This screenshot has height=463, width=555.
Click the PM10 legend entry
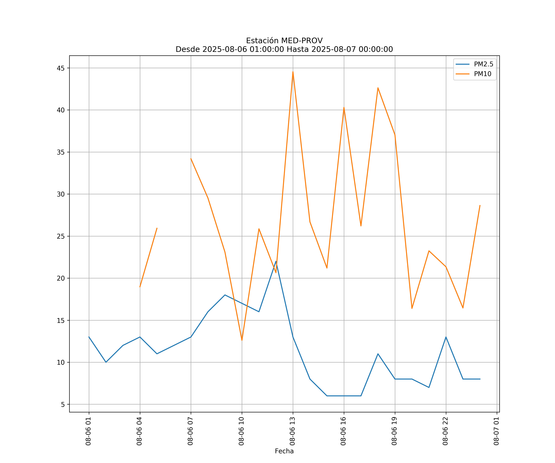point(483,74)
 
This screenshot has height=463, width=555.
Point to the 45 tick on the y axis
point(61,68)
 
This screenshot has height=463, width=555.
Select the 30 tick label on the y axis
point(61,194)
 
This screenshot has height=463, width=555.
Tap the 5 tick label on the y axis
point(63,405)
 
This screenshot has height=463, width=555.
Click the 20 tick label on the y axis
point(61,278)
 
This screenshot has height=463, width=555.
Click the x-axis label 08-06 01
point(88,431)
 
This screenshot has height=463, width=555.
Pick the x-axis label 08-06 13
point(293,431)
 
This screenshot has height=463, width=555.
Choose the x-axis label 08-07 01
point(497,431)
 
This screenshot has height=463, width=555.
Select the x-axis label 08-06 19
point(395,431)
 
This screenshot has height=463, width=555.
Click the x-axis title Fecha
point(284,451)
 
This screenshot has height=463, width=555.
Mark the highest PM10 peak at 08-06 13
point(293,72)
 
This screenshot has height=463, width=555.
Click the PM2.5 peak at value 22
point(276,261)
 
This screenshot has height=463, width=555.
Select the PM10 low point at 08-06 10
point(242,340)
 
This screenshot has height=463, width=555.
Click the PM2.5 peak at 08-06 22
point(446,337)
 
